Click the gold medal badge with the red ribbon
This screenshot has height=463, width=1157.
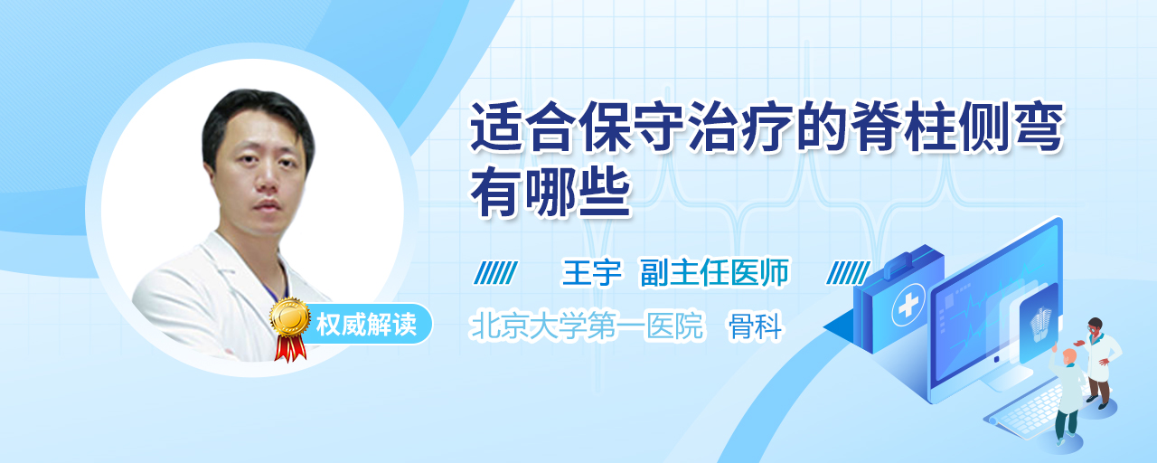click(x=290, y=327)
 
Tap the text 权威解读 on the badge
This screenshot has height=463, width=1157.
click(x=366, y=325)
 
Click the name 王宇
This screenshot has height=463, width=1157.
click(x=591, y=272)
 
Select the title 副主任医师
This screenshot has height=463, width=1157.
click(x=715, y=272)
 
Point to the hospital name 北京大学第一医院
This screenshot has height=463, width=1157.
click(x=587, y=326)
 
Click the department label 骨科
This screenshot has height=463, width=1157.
click(x=755, y=326)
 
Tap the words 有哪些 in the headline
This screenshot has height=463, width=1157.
click(x=550, y=194)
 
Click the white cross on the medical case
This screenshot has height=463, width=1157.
click(x=908, y=306)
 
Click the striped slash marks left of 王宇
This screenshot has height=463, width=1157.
click(x=495, y=273)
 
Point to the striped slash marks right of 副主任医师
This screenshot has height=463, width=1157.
click(x=848, y=273)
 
